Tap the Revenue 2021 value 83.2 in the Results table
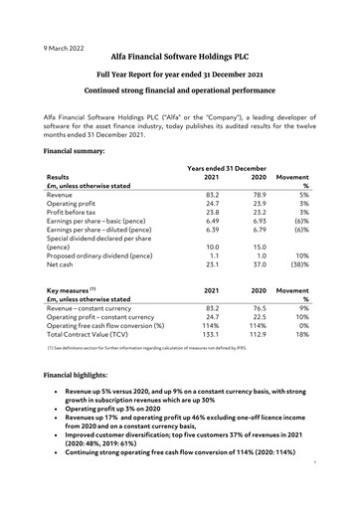tap(211, 196)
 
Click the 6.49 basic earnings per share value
tap(211, 229)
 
